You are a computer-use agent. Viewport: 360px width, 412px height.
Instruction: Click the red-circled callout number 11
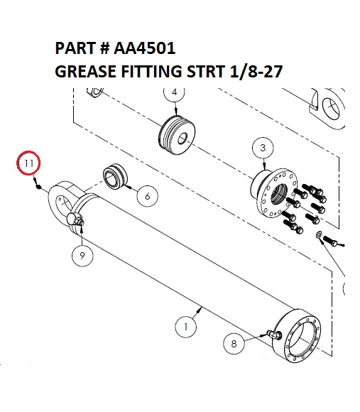(x=29, y=164)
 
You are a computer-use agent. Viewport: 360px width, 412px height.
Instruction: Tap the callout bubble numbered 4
(x=174, y=92)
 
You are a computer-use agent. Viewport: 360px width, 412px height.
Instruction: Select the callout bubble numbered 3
(x=263, y=148)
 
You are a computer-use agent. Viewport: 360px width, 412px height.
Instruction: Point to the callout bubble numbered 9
(x=82, y=256)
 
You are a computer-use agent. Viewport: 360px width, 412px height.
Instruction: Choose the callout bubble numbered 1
(x=185, y=327)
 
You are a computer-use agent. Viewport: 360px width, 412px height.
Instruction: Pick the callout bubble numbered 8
(x=234, y=344)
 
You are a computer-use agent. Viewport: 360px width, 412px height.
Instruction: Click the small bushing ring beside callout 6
(x=115, y=177)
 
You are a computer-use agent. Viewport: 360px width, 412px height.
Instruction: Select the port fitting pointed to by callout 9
(x=77, y=222)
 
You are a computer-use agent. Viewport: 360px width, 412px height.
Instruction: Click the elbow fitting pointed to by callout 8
(x=273, y=335)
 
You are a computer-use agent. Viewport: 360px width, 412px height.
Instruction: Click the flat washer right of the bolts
(x=319, y=234)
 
